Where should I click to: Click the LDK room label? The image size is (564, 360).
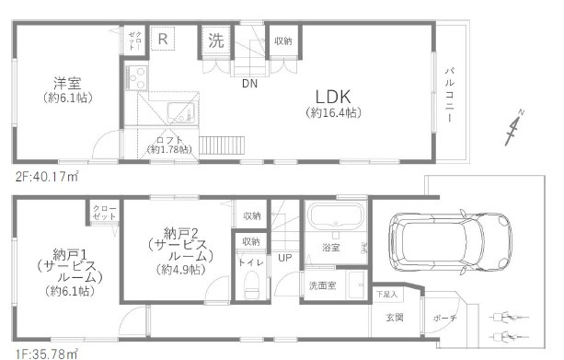point(332,96)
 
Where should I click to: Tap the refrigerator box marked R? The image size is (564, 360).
point(162,40)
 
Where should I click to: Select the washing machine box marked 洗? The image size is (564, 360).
point(215,40)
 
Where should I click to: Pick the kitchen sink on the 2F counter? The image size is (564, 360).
point(180,116)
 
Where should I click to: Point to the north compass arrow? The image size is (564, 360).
point(513,129)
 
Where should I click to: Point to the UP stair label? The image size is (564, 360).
point(285,257)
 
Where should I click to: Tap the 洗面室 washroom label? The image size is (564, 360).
point(322,285)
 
